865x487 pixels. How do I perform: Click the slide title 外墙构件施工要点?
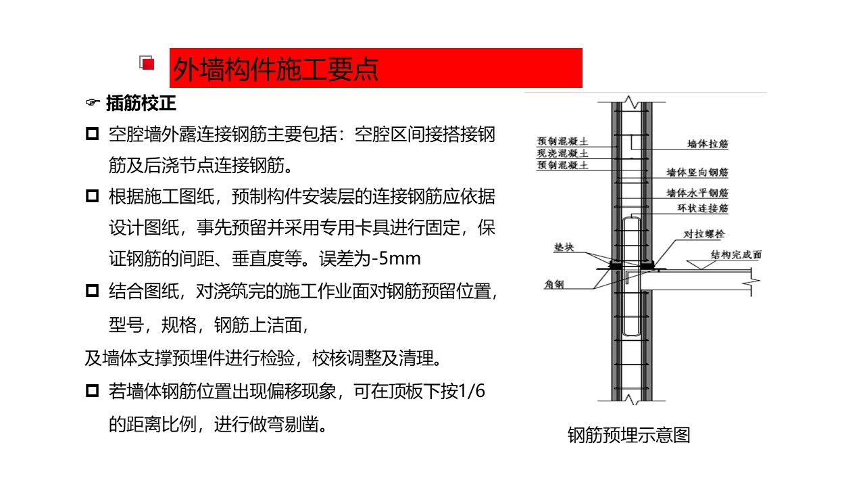click(275, 69)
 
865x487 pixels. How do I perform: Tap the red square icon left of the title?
click(147, 63)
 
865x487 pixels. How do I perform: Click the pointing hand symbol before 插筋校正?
click(93, 102)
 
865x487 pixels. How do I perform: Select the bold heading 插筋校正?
click(141, 103)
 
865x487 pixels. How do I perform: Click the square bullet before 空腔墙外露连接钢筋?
click(93, 134)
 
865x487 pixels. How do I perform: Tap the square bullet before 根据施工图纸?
click(93, 196)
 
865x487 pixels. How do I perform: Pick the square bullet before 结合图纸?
click(93, 290)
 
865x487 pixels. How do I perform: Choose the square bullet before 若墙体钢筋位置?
click(93, 390)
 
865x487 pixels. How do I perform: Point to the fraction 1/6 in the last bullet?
click(472, 391)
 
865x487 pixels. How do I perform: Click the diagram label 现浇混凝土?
click(563, 153)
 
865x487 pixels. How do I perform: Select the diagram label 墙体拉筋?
click(708, 144)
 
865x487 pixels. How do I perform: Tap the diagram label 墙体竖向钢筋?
click(697, 172)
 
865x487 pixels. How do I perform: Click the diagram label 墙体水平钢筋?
click(697, 193)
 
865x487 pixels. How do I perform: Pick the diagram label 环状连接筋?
click(703, 208)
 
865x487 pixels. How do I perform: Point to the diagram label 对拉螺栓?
click(704, 234)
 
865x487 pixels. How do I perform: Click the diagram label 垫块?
click(564, 247)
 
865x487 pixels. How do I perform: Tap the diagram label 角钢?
click(554, 285)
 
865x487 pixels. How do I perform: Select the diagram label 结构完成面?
click(737, 255)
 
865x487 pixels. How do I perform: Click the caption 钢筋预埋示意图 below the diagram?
click(629, 435)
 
